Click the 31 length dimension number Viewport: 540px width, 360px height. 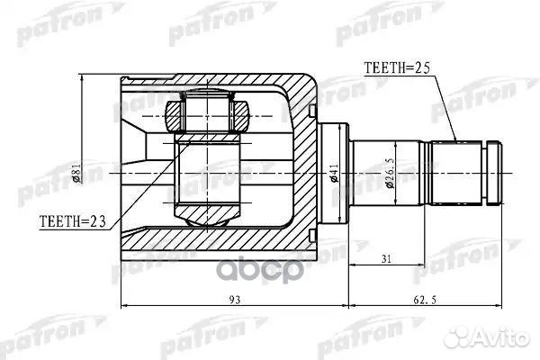pyautogui.click(x=385, y=260)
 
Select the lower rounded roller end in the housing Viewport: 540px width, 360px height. pyautogui.click(x=208, y=217)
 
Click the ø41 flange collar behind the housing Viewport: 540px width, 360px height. pyautogui.click(x=333, y=171)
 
